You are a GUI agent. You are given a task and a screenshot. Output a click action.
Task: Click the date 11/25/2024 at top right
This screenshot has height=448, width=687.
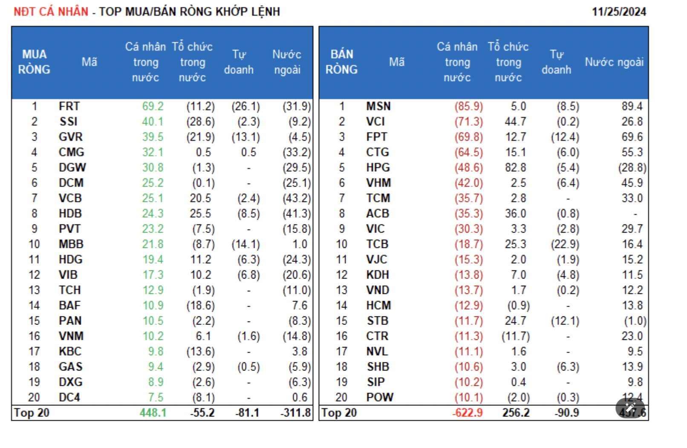click(619, 11)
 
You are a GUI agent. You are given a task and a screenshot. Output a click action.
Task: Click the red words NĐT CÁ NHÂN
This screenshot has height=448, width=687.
click(51, 11)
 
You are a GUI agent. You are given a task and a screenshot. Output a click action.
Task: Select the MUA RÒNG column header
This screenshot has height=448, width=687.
click(34, 62)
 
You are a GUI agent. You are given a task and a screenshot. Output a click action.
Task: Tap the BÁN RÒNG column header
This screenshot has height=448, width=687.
click(341, 62)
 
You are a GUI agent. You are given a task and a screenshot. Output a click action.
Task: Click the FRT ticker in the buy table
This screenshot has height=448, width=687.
click(69, 106)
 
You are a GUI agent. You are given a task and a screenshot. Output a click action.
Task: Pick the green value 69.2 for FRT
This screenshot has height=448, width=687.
click(153, 106)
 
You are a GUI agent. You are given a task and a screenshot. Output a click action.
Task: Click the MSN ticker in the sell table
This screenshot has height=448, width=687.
click(378, 106)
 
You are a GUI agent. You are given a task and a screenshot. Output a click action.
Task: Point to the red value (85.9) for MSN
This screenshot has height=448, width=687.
click(468, 106)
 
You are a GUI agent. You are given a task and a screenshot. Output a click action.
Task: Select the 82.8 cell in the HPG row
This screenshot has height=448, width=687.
click(515, 168)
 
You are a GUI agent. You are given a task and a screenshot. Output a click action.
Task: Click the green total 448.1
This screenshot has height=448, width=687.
click(153, 413)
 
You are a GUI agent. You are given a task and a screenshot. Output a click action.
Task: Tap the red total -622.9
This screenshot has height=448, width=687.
click(468, 413)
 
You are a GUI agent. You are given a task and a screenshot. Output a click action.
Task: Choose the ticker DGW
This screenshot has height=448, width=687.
click(72, 168)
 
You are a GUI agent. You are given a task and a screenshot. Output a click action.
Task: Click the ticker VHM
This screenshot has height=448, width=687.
click(378, 183)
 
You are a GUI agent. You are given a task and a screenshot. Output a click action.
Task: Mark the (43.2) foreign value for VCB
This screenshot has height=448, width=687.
click(297, 198)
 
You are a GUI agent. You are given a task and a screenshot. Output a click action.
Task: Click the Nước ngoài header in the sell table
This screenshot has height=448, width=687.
click(614, 62)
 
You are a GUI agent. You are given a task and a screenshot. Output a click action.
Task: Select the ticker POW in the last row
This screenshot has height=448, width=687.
click(379, 397)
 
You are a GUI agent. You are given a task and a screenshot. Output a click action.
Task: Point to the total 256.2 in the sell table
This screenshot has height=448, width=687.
click(516, 413)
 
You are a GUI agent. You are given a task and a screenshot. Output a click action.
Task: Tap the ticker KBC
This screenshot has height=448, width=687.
click(70, 351)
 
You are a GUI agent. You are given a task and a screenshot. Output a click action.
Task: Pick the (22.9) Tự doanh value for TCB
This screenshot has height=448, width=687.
click(565, 244)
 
